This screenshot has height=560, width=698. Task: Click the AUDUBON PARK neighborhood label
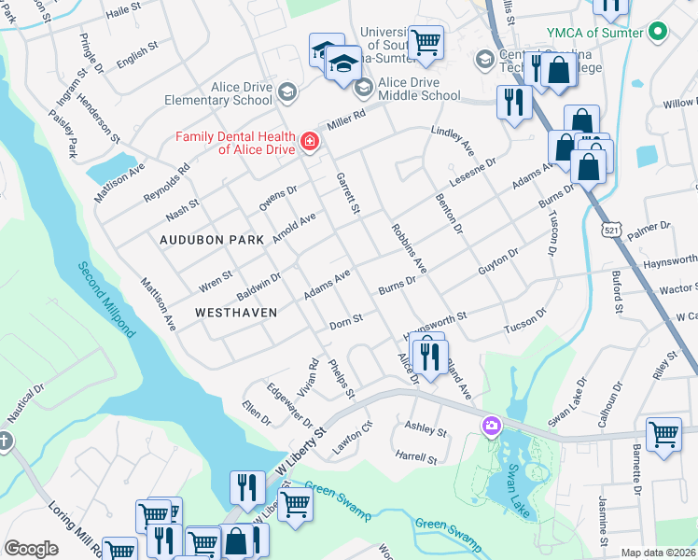[x=212, y=240]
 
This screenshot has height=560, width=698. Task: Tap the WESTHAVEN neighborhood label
[x=236, y=312]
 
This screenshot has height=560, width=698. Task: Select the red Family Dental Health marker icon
[x=309, y=142]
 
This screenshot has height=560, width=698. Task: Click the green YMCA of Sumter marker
[x=659, y=33]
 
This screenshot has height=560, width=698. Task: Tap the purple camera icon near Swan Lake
[x=491, y=427]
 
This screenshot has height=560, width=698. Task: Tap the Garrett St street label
[x=347, y=190]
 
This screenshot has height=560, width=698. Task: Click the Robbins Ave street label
[x=409, y=248]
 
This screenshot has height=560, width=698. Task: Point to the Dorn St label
[x=345, y=324]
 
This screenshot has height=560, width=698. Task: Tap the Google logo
[x=30, y=549]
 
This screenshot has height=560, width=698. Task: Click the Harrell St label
[x=415, y=458]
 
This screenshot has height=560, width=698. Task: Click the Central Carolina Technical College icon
[x=484, y=59]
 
